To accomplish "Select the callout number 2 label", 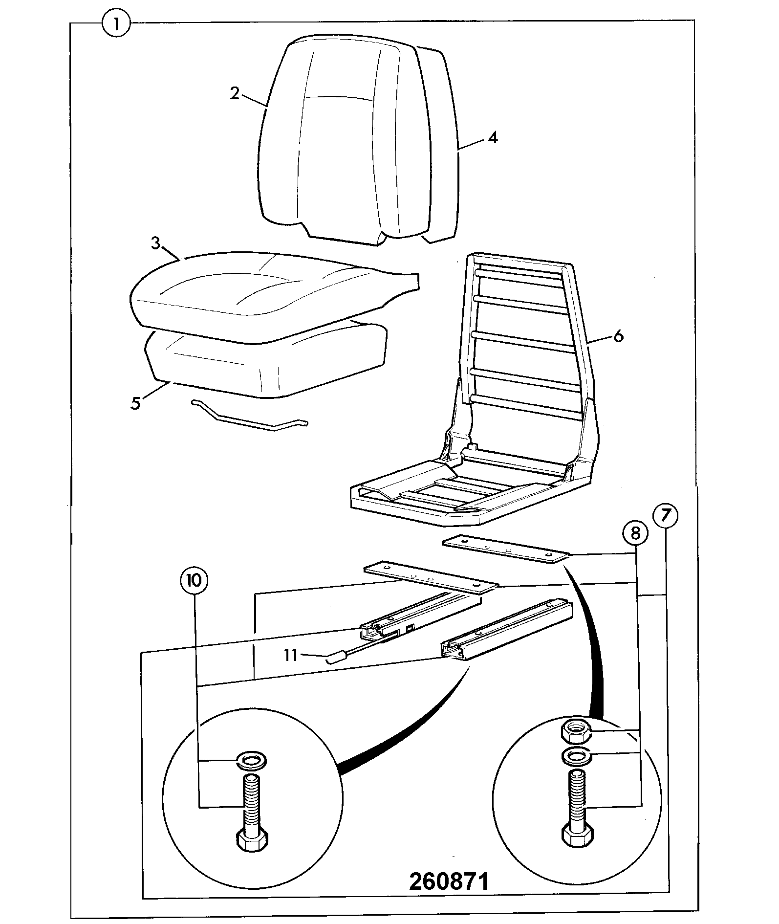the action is [x=235, y=93].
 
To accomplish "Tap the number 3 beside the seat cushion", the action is [x=155, y=243].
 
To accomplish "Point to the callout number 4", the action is [x=493, y=137].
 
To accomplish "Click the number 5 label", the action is [x=135, y=403].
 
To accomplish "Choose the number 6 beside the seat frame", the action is [x=618, y=336].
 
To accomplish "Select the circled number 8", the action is [x=635, y=533].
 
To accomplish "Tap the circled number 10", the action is [x=194, y=580].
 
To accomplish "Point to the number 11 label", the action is [x=291, y=655].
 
